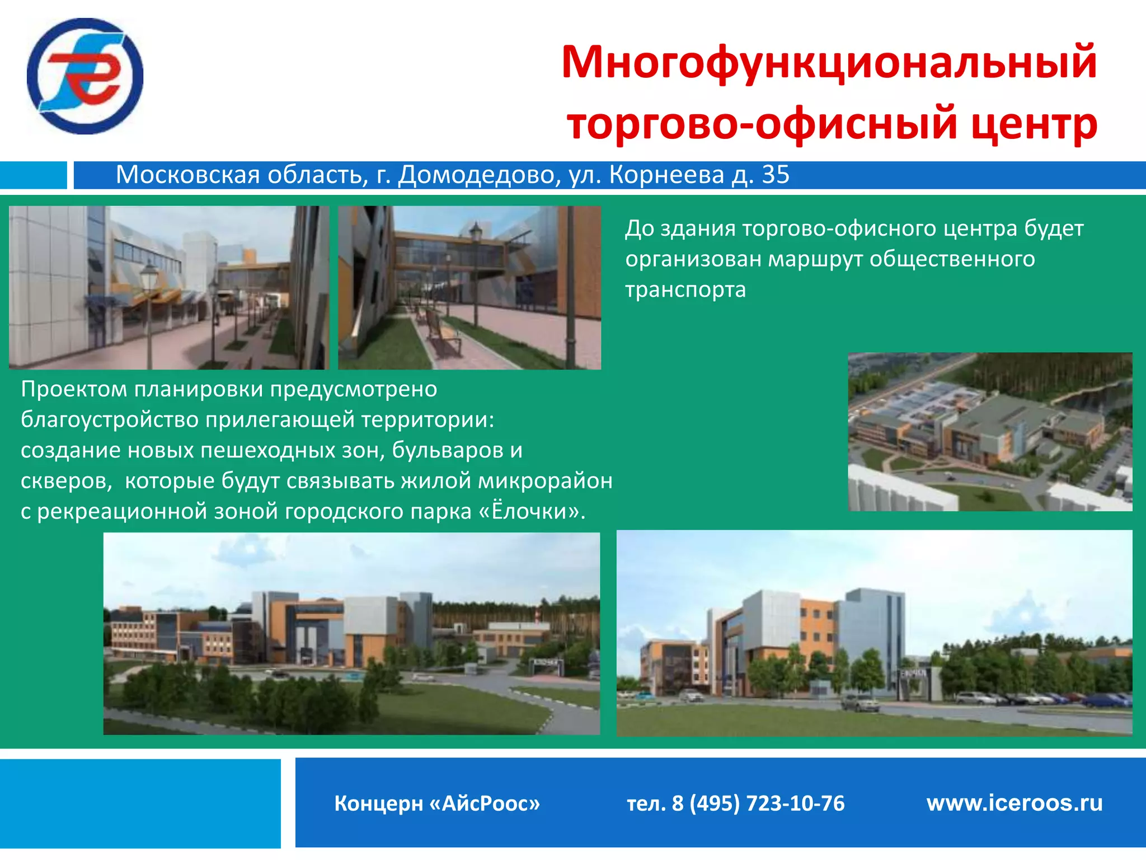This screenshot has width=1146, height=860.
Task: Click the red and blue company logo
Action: (85, 76)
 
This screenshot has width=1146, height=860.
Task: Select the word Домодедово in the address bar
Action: (479, 175)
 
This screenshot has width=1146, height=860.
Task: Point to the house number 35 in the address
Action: (776, 175)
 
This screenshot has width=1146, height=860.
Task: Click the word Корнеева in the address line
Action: (666, 175)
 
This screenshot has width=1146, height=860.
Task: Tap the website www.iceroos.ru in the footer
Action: (1015, 803)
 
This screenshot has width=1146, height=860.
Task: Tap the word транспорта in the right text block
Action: (685, 290)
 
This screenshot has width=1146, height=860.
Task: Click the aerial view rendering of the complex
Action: (990, 432)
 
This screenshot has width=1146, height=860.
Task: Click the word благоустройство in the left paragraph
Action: (110, 419)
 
